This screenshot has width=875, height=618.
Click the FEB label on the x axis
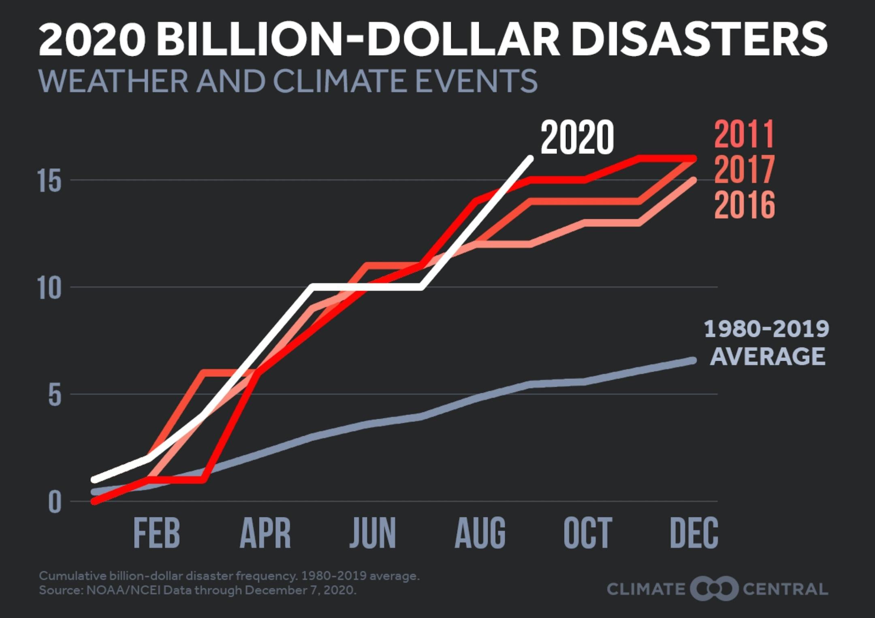point(156,533)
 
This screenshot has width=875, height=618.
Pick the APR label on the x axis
point(265,533)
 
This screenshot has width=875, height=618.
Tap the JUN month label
point(373,533)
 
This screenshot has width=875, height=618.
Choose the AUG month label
point(480,533)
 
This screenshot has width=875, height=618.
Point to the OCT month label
point(588,533)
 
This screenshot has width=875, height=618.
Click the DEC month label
point(694,533)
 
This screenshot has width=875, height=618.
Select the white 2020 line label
point(577,137)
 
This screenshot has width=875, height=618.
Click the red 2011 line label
point(745,134)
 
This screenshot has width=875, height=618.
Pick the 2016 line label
point(745,205)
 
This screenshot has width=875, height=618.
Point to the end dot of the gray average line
point(693,360)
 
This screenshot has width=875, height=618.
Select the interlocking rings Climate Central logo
point(714,589)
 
